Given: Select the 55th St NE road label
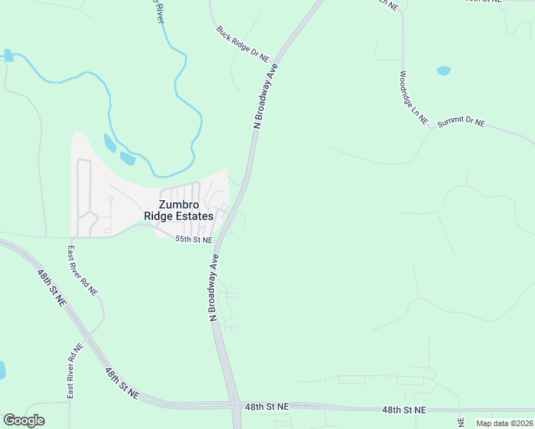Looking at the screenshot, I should [x=194, y=240].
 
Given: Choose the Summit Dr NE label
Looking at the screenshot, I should [x=461, y=122].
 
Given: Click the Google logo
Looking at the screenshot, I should [x=24, y=420].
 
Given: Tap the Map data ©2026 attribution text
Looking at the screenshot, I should [x=505, y=423].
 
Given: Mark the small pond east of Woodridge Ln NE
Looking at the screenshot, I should [x=443, y=71].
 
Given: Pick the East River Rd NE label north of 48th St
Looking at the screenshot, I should [x=82, y=271].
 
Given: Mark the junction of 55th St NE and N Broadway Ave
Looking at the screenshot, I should [x=220, y=240].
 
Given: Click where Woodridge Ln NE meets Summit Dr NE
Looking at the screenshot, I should [x=431, y=128].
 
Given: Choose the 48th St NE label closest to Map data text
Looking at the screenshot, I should [x=403, y=410].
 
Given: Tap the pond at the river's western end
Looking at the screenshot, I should [x=8, y=54].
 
